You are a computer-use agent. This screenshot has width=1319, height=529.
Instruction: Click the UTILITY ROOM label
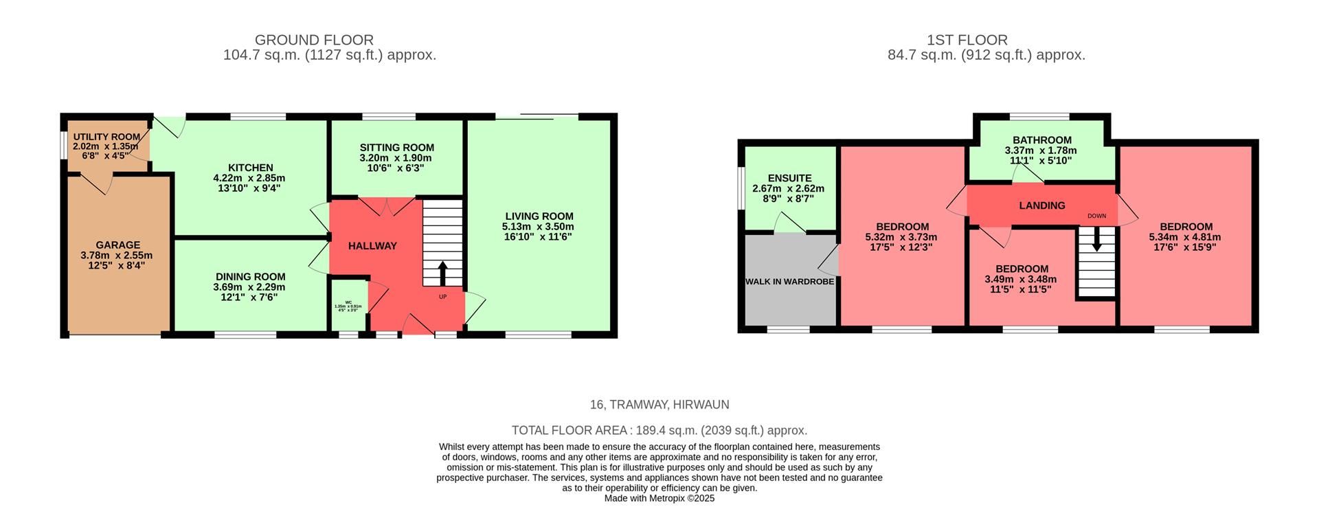click(x=106, y=137)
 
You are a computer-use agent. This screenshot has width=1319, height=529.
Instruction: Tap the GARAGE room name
click(x=117, y=245)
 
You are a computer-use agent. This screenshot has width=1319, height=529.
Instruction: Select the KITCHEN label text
click(x=251, y=168)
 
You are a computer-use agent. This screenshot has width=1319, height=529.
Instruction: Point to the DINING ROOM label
click(x=249, y=277)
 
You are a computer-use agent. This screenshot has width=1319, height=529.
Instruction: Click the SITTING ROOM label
click(x=396, y=148)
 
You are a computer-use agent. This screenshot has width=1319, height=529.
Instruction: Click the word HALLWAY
click(x=372, y=246)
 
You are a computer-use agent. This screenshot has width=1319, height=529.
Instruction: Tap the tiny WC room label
click(x=348, y=302)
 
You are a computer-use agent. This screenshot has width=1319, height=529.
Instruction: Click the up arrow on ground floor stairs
click(x=442, y=273)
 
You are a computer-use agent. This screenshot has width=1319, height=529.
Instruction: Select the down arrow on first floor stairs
click(x=1096, y=239)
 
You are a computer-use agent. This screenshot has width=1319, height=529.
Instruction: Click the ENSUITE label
click(x=789, y=178)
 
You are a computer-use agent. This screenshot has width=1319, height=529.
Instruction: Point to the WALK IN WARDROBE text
click(x=789, y=282)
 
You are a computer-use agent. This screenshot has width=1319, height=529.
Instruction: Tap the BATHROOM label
click(x=1041, y=140)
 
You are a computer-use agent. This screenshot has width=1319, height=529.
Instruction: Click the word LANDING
click(x=1041, y=205)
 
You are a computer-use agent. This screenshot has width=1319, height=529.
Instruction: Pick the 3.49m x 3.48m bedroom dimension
click(x=1020, y=280)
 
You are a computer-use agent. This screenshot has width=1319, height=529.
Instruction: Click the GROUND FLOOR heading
click(x=314, y=41)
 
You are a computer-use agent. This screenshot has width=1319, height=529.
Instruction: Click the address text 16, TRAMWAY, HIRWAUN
click(x=659, y=405)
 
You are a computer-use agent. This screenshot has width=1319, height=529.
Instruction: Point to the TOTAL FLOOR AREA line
click(x=659, y=431)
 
